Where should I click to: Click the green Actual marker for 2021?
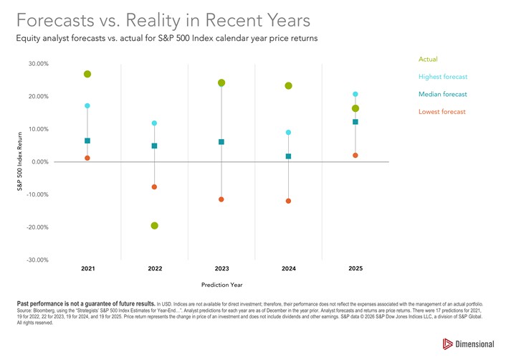(87, 74)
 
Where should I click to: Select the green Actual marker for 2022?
(154, 226)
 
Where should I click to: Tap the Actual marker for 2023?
(221, 83)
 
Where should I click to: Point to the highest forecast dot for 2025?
(355, 94)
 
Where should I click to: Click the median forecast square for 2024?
(288, 156)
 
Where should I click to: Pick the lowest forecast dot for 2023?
(221, 199)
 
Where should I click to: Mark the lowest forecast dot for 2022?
(154, 187)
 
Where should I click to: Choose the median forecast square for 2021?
(87, 141)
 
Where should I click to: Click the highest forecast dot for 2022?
(154, 123)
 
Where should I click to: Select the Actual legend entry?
(428, 59)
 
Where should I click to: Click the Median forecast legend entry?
(442, 94)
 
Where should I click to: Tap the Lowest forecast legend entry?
(442, 111)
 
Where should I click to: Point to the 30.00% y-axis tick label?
(38, 64)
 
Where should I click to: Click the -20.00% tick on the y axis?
(37, 227)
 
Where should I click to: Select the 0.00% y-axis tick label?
(39, 162)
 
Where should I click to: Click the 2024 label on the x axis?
(288, 268)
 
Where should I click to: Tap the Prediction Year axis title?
(221, 285)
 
